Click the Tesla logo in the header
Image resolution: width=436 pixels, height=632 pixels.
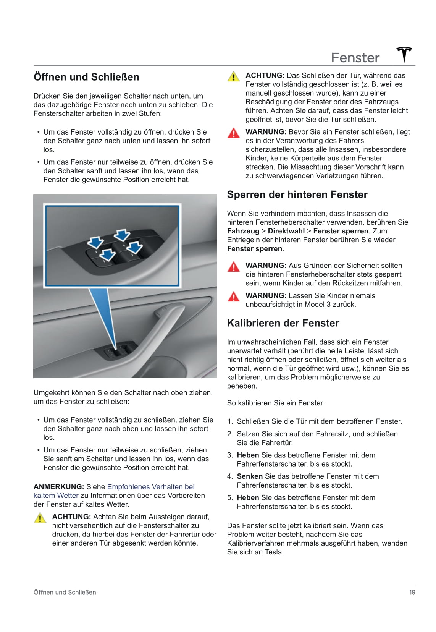click(404, 55)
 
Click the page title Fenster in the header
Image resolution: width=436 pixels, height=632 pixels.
click(355, 58)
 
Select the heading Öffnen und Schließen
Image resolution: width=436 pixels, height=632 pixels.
click(86, 77)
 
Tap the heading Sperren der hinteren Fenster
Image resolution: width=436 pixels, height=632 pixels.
click(297, 195)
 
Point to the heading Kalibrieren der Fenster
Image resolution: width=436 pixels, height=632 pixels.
click(283, 323)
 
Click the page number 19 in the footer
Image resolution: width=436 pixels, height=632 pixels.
click(412, 592)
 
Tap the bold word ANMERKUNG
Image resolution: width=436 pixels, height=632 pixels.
click(58, 487)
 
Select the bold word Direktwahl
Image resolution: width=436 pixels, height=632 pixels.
click(286, 231)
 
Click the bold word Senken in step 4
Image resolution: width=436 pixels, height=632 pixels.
click(250, 476)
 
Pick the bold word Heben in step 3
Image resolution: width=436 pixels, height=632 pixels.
click(248, 455)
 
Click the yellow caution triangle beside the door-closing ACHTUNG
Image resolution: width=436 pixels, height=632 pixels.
click(234, 76)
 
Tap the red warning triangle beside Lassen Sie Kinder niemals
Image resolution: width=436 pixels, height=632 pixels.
click(234, 297)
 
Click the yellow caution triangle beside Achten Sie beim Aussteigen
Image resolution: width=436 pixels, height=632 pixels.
click(40, 518)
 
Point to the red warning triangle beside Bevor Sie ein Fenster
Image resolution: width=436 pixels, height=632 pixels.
click(234, 133)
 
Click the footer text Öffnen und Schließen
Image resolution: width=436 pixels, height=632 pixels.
click(65, 592)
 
